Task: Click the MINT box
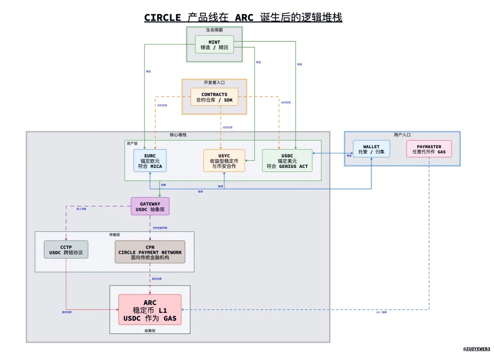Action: pyautogui.click(x=214, y=44)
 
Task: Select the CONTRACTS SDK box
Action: pyautogui.click(x=214, y=97)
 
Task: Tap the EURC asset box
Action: pyautogui.click(x=150, y=161)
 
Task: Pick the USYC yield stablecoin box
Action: pyautogui.click(x=224, y=161)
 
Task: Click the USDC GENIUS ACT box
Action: pyautogui.click(x=287, y=161)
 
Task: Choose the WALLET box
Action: pyautogui.click(x=371, y=149)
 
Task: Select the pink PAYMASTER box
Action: pyautogui.click(x=429, y=149)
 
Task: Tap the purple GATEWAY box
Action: pyautogui.click(x=150, y=206)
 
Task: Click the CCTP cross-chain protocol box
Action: pyautogui.click(x=66, y=249)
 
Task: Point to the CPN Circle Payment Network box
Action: pyautogui.click(x=150, y=252)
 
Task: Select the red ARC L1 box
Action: pyautogui.click(x=150, y=310)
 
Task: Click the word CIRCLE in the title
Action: pyautogui.click(x=162, y=17)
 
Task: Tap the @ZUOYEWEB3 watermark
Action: pyautogui.click(x=476, y=349)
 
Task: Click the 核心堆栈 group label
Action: pyautogui.click(x=178, y=135)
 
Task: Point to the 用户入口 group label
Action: pyautogui.click(x=402, y=135)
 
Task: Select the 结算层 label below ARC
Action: pyautogui.click(x=150, y=330)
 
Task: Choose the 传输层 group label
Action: pyautogui.click(x=114, y=234)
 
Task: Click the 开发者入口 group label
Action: pyautogui.click(x=214, y=83)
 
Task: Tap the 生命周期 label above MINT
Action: pyautogui.click(x=214, y=30)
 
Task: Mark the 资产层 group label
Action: pyautogui.click(x=132, y=143)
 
